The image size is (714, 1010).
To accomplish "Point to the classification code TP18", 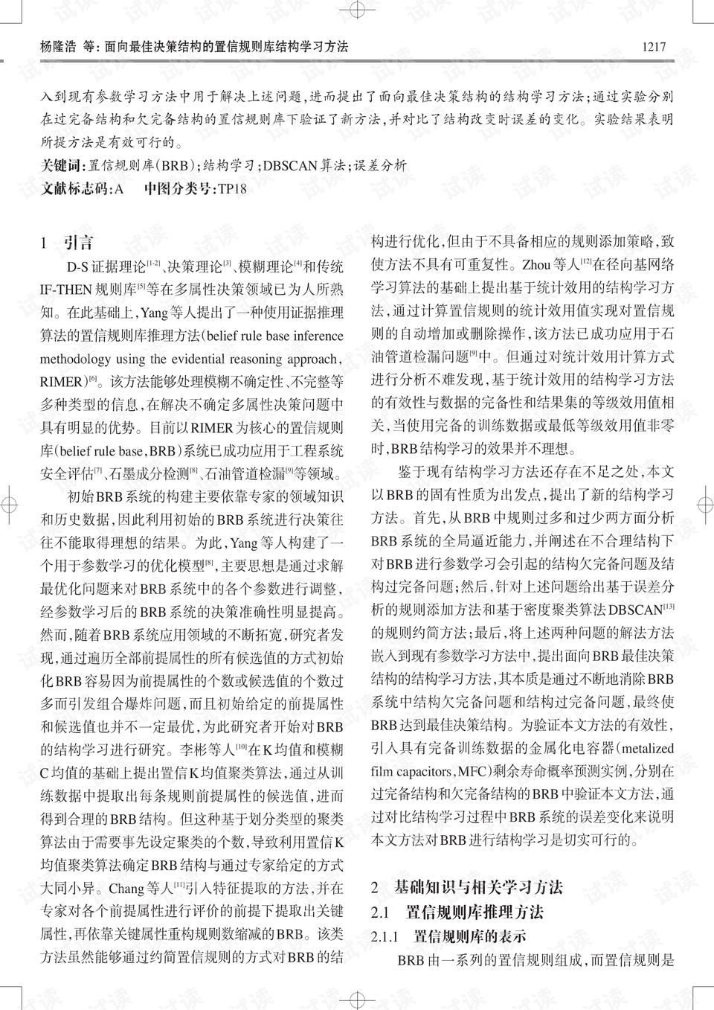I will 231,189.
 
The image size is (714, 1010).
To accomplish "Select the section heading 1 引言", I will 68,243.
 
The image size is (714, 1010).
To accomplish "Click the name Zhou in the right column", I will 536,264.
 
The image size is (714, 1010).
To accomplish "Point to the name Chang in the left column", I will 124,888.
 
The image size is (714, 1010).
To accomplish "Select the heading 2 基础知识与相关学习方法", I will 467,887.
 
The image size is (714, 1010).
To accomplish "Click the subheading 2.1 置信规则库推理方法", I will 457,912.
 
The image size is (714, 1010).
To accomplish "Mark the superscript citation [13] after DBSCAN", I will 669,607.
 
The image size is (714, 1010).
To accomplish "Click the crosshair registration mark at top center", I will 357,10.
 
